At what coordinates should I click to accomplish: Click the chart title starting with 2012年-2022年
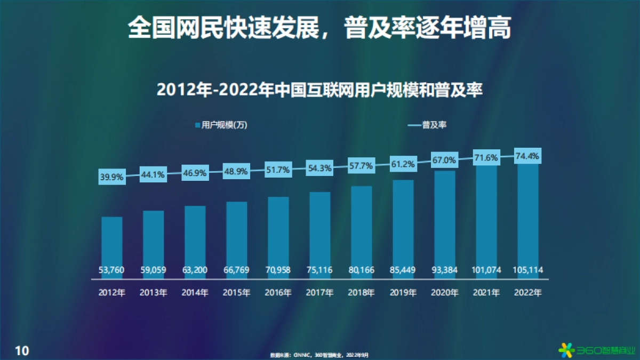[320, 89]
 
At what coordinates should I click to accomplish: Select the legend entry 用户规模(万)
[220, 125]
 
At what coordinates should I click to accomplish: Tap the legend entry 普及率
[427, 125]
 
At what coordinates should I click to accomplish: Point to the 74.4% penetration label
[527, 156]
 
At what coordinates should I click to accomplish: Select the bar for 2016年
[278, 235]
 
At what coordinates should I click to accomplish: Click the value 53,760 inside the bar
[112, 270]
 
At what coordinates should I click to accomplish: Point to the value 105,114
[527, 270]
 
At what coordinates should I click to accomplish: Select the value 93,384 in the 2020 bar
[444, 270]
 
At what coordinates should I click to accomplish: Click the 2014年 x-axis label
[195, 292]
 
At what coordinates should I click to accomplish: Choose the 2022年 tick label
[527, 292]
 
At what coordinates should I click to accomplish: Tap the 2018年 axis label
[361, 292]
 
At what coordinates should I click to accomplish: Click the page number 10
[22, 350]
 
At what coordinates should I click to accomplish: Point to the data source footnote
[319, 354]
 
